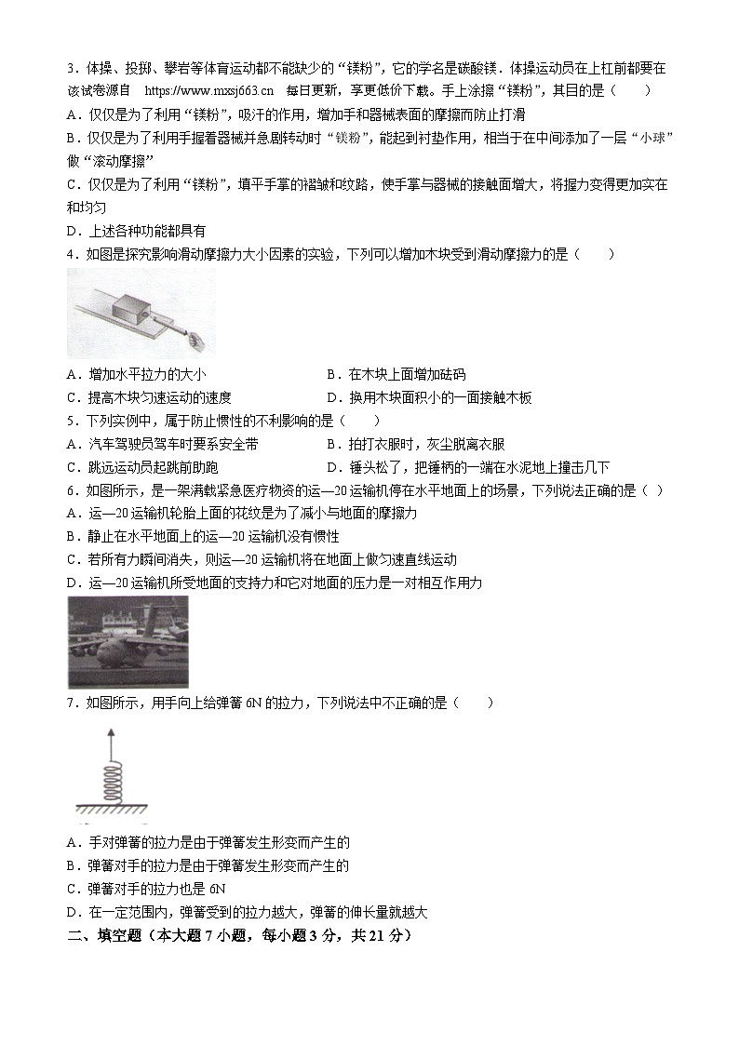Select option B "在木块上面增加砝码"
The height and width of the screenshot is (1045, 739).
click(x=396, y=375)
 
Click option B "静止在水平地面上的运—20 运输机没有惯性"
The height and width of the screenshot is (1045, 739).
click(x=204, y=537)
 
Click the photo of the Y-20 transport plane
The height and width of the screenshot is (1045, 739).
click(x=128, y=642)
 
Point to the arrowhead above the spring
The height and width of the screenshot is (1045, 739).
click(x=108, y=734)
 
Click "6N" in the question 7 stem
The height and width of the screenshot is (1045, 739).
click(x=256, y=703)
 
